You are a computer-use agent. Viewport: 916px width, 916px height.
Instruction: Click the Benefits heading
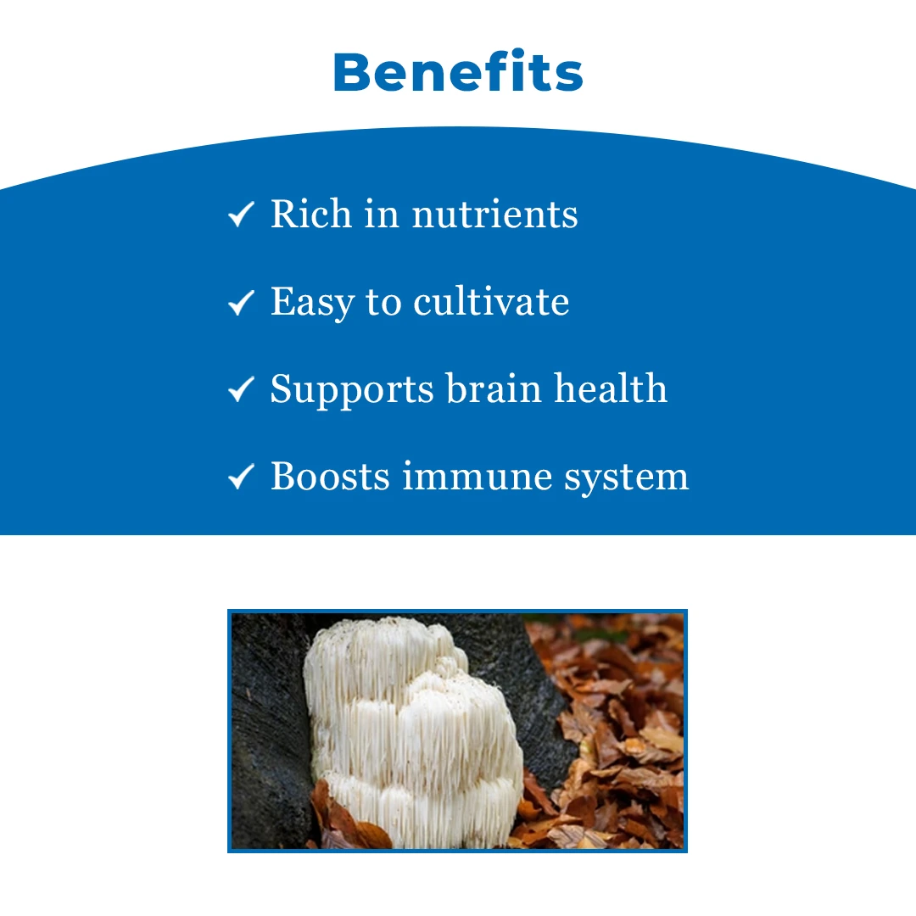tap(458, 72)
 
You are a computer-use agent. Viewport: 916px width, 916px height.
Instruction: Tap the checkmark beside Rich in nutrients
tap(241, 214)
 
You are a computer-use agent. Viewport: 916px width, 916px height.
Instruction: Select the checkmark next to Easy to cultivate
tap(241, 302)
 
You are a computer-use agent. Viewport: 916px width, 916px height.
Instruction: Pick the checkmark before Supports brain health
tap(241, 389)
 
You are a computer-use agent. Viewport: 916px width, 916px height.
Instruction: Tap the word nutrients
tap(494, 215)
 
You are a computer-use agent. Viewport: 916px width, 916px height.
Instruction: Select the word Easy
tap(312, 303)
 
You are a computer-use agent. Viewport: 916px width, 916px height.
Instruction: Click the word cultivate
tap(491, 301)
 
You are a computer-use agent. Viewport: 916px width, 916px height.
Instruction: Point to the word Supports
tap(352, 390)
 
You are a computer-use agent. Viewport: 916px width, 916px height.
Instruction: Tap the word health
tap(611, 388)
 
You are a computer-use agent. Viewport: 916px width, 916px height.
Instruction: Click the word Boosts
tap(330, 476)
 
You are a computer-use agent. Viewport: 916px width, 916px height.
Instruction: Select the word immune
tap(478, 477)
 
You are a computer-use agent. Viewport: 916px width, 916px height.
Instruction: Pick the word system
tap(627, 478)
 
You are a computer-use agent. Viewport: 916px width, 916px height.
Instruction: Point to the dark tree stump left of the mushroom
tap(270, 730)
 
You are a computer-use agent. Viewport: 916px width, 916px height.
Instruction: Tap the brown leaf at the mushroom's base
tap(344, 818)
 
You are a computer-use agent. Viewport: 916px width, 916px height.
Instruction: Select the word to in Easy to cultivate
tap(384, 303)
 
